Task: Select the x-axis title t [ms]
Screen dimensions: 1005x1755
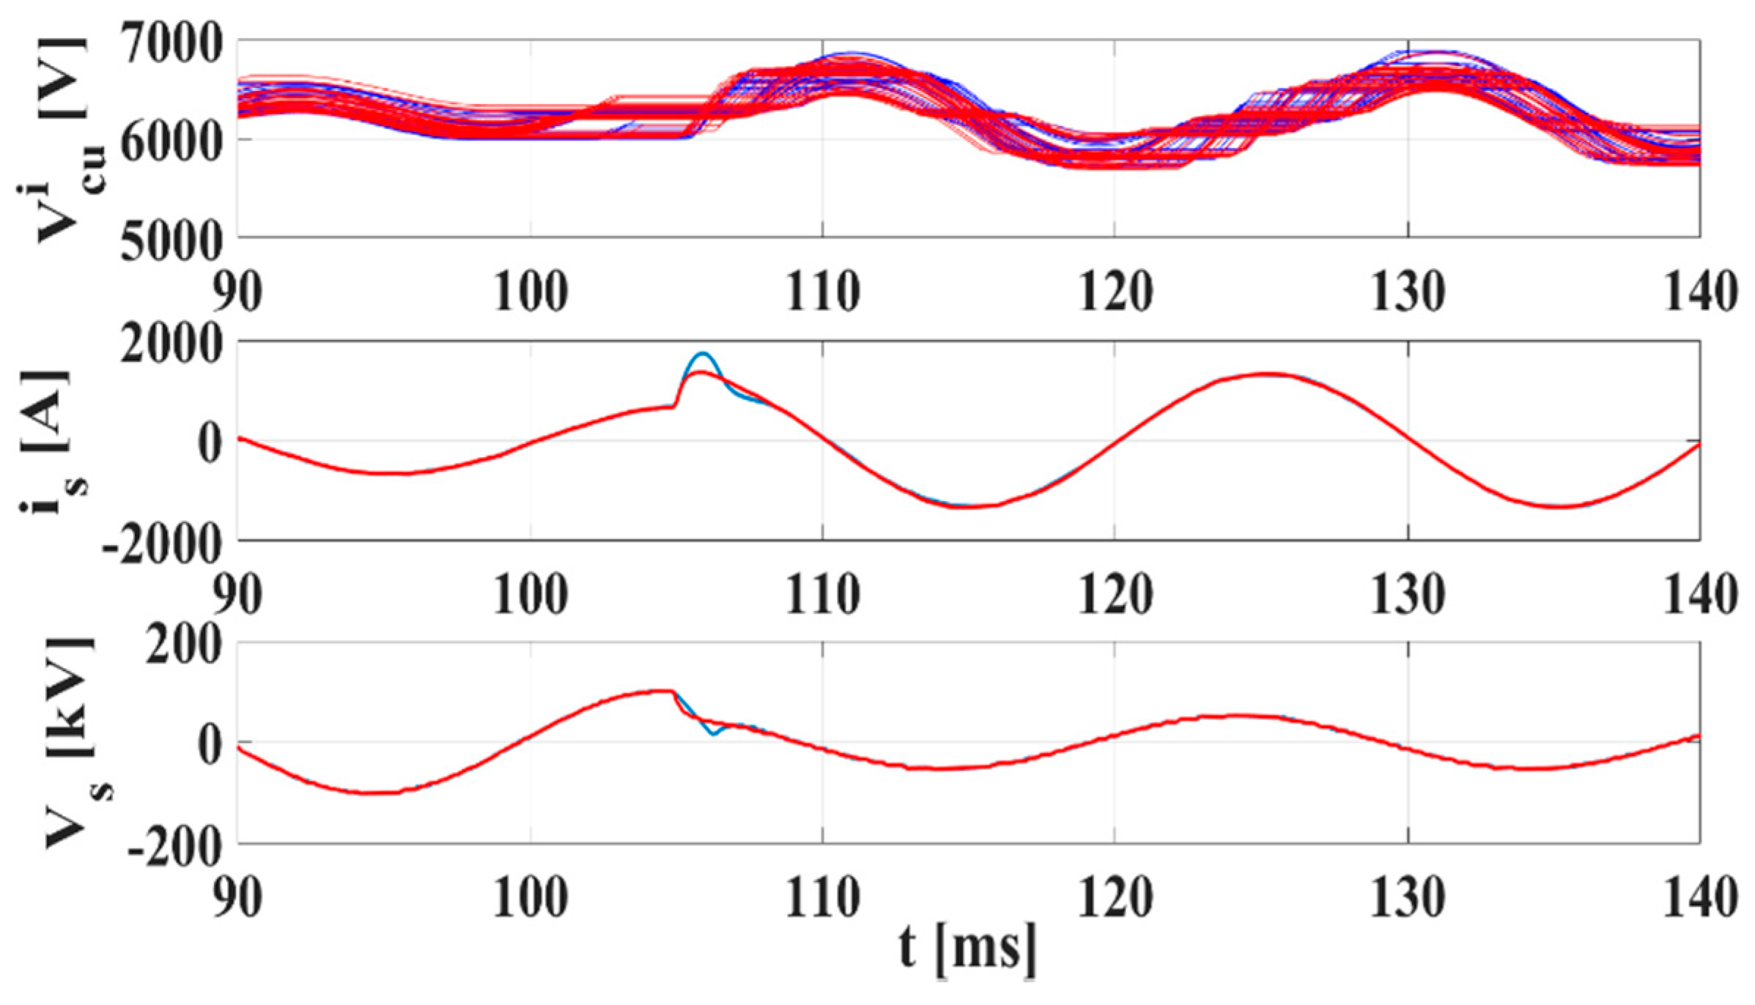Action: coord(967,949)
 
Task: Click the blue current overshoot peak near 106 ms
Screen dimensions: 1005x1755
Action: coord(703,354)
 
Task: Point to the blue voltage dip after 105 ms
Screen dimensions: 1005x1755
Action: coord(714,733)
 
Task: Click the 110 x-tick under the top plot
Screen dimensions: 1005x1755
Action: coord(822,292)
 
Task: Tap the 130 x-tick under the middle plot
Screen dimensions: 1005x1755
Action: coord(1408,594)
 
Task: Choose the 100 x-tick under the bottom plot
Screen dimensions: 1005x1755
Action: coord(530,897)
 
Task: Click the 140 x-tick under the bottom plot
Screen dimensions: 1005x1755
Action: coord(1699,897)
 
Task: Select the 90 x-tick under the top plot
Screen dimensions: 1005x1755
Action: coord(238,292)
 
